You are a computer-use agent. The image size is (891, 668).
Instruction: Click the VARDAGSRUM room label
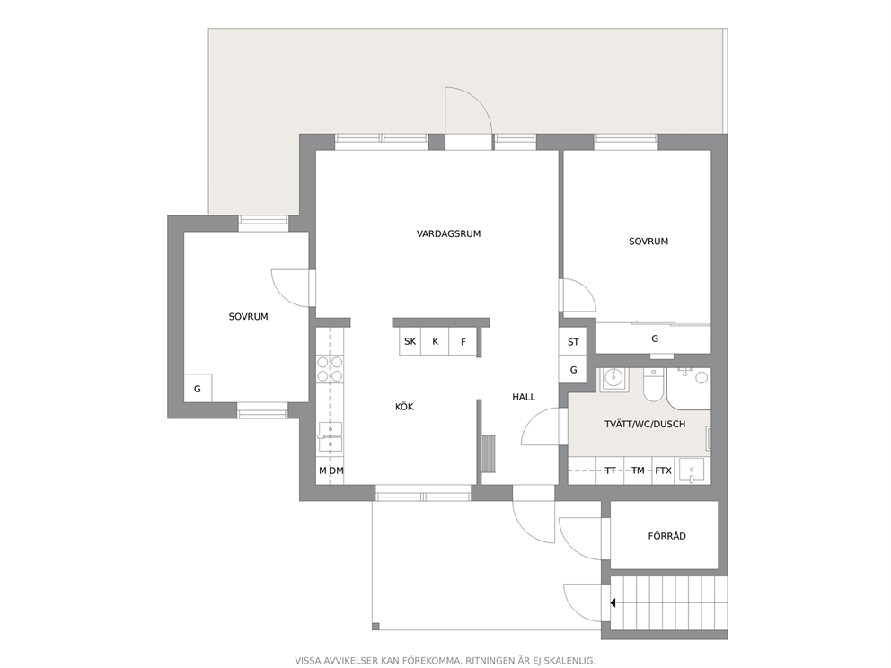[448, 233]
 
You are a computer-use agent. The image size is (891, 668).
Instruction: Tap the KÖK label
[404, 407]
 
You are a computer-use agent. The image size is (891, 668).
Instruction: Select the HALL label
[524, 397]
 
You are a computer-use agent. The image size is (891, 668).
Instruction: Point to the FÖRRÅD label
[666, 536]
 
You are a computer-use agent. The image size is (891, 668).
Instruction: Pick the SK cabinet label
[410, 341]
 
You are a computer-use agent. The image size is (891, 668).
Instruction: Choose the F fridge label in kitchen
[463, 342]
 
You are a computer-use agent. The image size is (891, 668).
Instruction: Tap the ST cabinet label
[573, 342]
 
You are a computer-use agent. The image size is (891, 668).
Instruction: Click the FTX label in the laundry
[663, 470]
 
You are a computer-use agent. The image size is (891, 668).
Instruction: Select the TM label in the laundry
[638, 470]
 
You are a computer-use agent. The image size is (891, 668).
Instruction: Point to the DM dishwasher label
[337, 470]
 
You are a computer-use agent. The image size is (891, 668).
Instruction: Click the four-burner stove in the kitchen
[330, 369]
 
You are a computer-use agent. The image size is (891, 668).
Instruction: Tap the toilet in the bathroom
[654, 384]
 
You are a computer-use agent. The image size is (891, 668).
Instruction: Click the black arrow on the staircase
[613, 602]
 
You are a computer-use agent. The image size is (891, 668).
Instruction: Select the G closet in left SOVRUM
[198, 389]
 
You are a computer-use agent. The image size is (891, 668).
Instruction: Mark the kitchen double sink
[331, 437]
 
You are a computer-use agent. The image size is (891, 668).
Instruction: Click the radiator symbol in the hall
[488, 453]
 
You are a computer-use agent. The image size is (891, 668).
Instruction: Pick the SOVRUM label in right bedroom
[648, 242]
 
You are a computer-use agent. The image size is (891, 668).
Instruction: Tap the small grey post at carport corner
[375, 627]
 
